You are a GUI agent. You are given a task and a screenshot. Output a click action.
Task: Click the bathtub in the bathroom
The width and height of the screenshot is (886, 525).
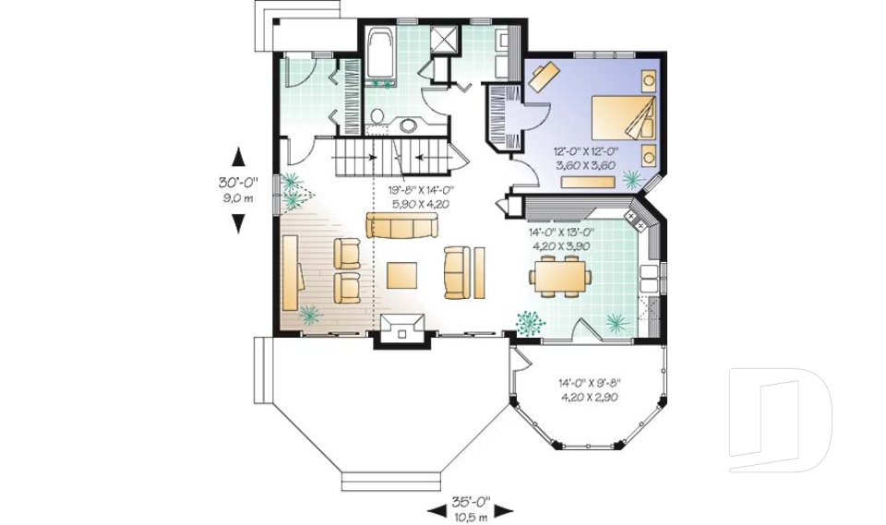tap(379, 53)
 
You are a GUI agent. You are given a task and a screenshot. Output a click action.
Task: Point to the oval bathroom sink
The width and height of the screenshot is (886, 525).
tap(409, 125)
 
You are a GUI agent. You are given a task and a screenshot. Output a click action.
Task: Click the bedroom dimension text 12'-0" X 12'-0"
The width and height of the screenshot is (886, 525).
tap(585, 151)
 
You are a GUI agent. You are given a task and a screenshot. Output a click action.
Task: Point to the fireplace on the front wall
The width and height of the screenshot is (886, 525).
tap(401, 328)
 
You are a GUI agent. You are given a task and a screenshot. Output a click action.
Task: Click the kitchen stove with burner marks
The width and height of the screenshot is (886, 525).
tap(635, 220)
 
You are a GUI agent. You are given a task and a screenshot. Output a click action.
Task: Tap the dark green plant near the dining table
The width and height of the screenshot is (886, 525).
tap(530, 321)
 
